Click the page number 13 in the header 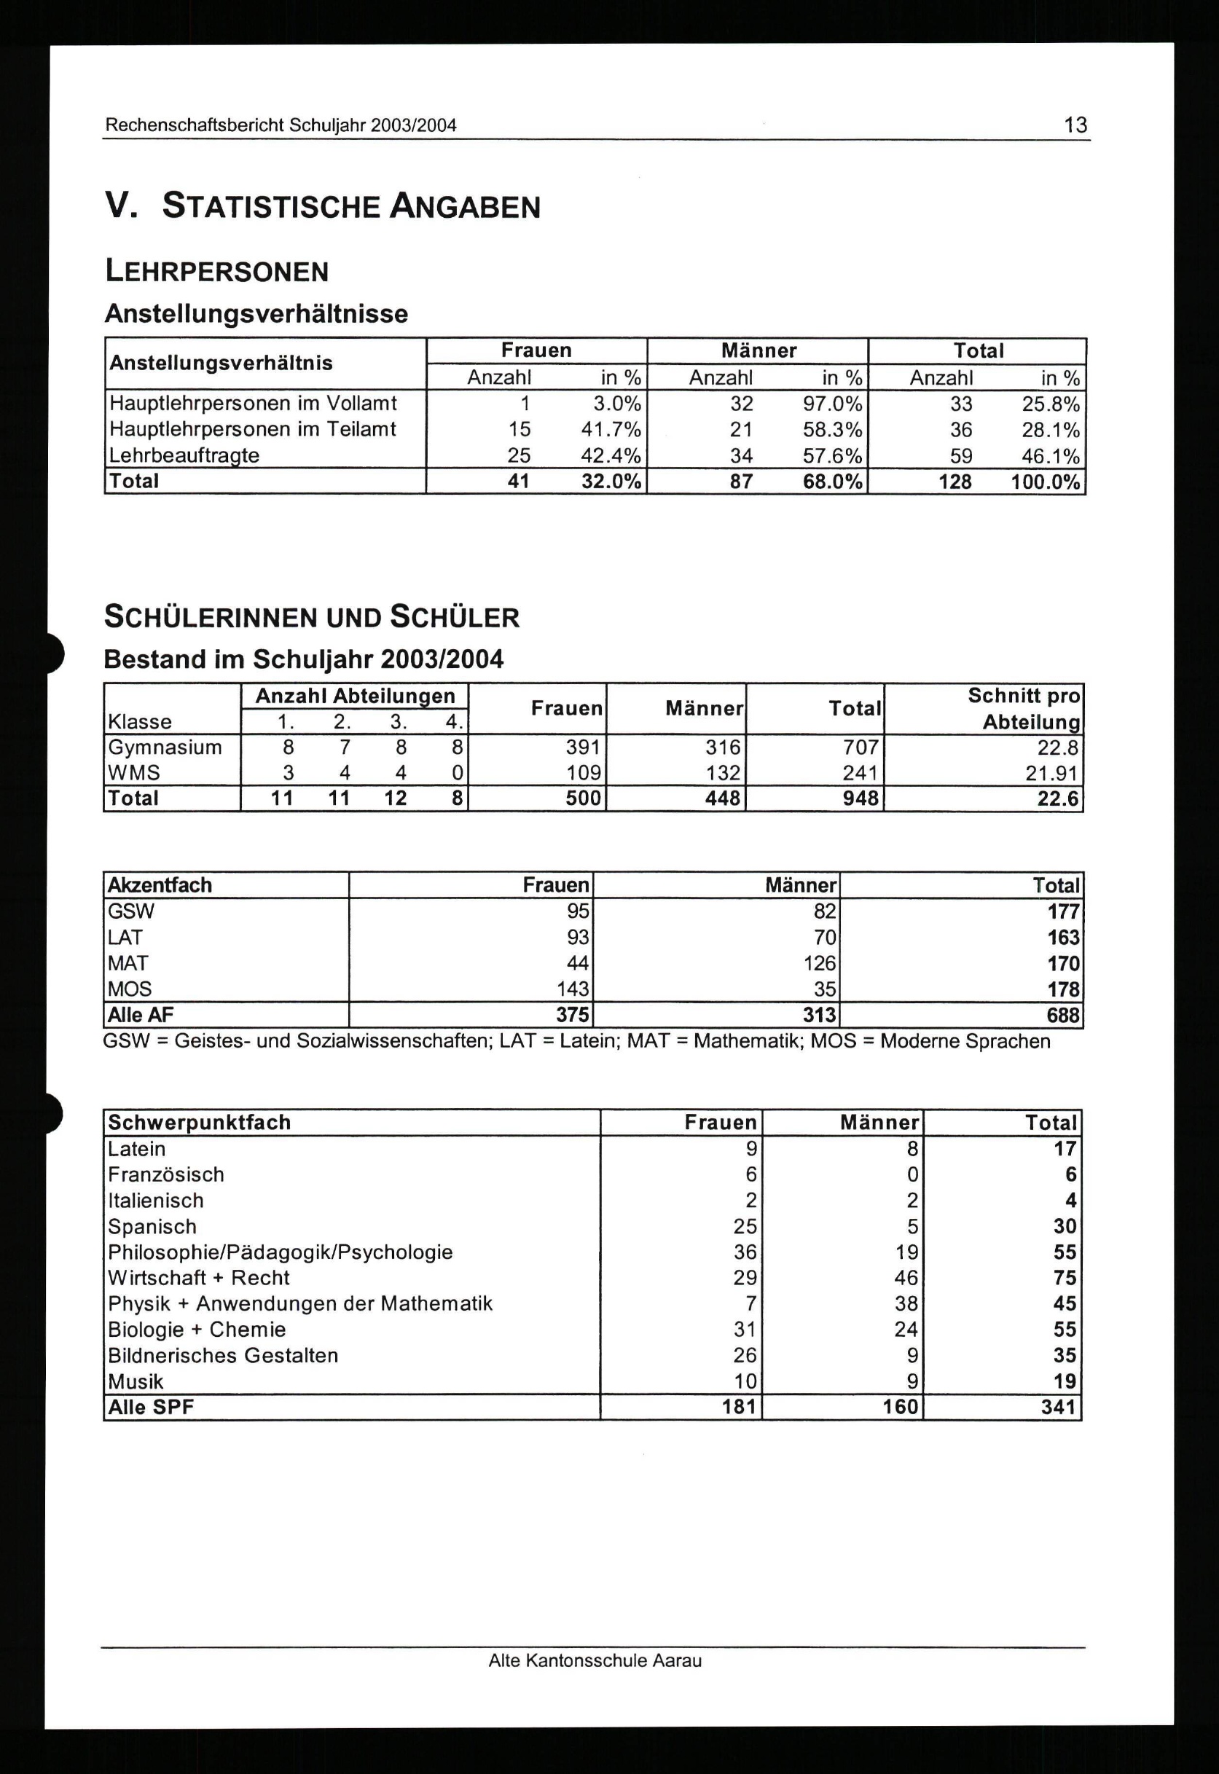[1075, 125]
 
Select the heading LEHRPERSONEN [217, 271]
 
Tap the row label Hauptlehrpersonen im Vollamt [253, 403]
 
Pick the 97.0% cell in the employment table [832, 403]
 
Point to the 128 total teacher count [955, 482]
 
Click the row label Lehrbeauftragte [184, 455]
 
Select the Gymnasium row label [165, 747]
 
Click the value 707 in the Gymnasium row [861, 747]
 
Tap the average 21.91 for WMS [1051, 773]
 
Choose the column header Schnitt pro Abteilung [1024, 709]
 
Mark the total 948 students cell [861, 798]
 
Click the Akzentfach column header [160, 885]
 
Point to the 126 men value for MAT [820, 963]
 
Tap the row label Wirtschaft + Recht [199, 1278]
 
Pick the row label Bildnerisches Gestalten [223, 1356]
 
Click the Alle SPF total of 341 [1059, 1407]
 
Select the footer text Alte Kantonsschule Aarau [595, 1661]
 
